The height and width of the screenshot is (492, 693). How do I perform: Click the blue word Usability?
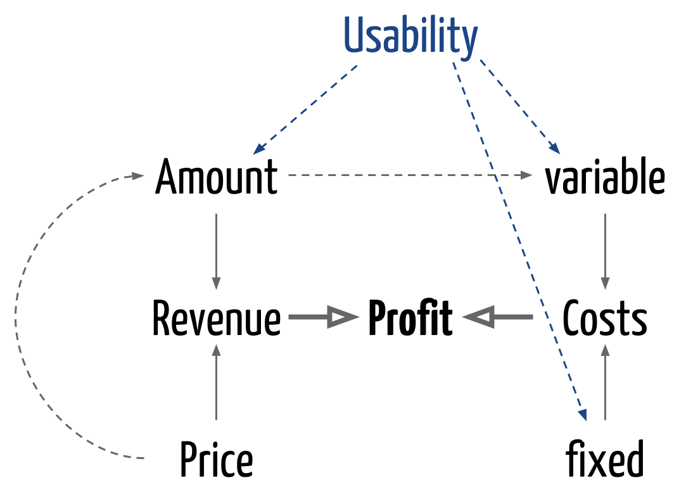click(x=410, y=36)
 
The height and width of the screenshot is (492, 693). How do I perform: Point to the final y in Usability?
click(x=469, y=40)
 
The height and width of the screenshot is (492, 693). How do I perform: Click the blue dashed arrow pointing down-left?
click(x=306, y=109)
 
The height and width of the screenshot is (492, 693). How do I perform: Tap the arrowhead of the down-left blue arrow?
click(x=257, y=151)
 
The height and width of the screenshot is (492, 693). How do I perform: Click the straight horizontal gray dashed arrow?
click(x=405, y=175)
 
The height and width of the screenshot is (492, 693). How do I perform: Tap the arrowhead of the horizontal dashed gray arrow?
click(x=527, y=175)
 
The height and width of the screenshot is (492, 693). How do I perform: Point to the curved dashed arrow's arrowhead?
click(x=138, y=175)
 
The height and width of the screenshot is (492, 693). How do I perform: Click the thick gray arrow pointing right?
click(x=323, y=317)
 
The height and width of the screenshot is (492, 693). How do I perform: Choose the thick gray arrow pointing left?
click(x=498, y=317)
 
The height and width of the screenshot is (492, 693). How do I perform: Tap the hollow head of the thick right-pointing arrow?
click(x=343, y=317)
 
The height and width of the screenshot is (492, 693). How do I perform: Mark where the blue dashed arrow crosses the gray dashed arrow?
click(x=494, y=175)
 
